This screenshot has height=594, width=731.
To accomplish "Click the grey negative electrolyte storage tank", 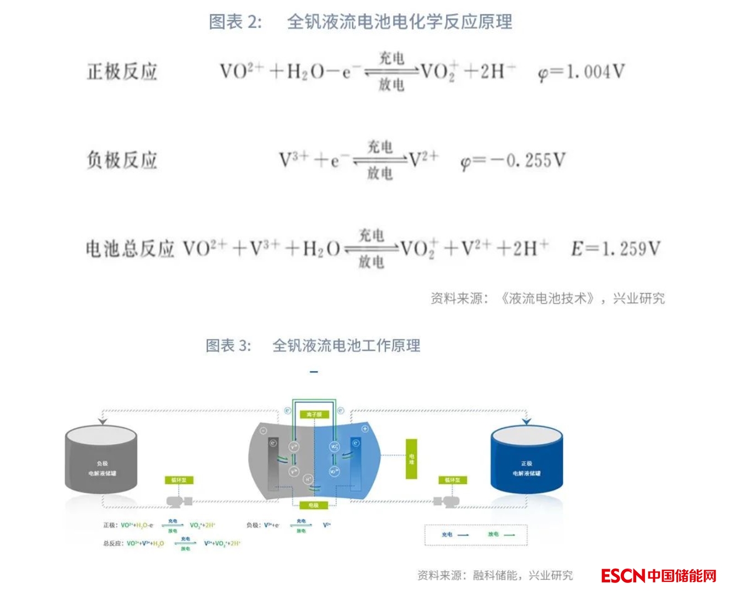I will click(101, 460).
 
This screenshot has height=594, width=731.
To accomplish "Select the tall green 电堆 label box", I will click(411, 459).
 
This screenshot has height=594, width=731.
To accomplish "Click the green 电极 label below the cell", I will click(314, 505).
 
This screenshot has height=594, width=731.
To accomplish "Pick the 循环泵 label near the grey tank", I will click(179, 480).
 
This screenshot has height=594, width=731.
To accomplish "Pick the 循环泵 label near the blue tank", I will click(453, 480).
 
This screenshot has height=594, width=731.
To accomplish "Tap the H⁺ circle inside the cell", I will click(309, 479).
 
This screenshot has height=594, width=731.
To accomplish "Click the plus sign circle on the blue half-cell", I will click(365, 429).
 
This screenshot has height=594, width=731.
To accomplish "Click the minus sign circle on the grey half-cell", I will click(264, 430).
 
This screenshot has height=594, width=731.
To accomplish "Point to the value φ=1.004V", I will click(582, 72).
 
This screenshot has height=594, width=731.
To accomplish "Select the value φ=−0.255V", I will click(513, 161).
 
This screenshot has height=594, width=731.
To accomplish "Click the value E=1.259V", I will click(615, 249).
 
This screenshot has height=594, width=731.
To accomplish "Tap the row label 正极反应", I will click(122, 72).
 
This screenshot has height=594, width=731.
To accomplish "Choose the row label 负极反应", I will click(122, 160).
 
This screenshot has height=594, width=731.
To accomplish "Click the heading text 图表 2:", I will click(235, 22).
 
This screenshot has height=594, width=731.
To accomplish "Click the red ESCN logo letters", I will click(622, 576).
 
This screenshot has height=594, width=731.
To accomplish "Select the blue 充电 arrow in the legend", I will click(463, 534).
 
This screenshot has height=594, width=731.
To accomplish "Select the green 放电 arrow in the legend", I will click(509, 534).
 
